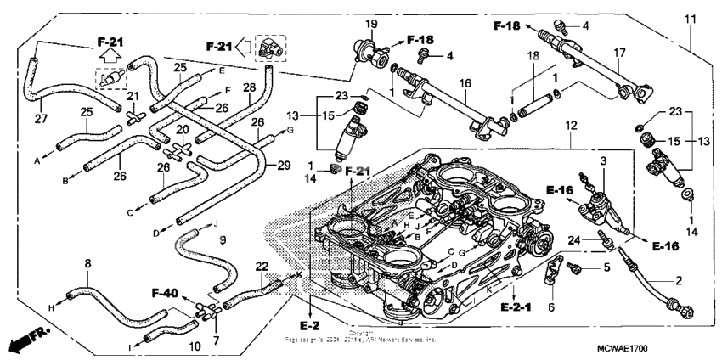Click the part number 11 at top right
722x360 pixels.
[690, 18]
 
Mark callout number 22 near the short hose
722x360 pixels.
[262, 266]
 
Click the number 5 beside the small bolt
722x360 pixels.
[606, 268]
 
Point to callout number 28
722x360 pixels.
[249, 87]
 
